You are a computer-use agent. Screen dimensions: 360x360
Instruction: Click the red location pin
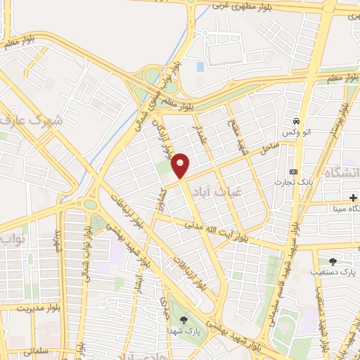[x=181, y=165]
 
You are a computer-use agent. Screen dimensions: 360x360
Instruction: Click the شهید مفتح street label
[x=233, y=134]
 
